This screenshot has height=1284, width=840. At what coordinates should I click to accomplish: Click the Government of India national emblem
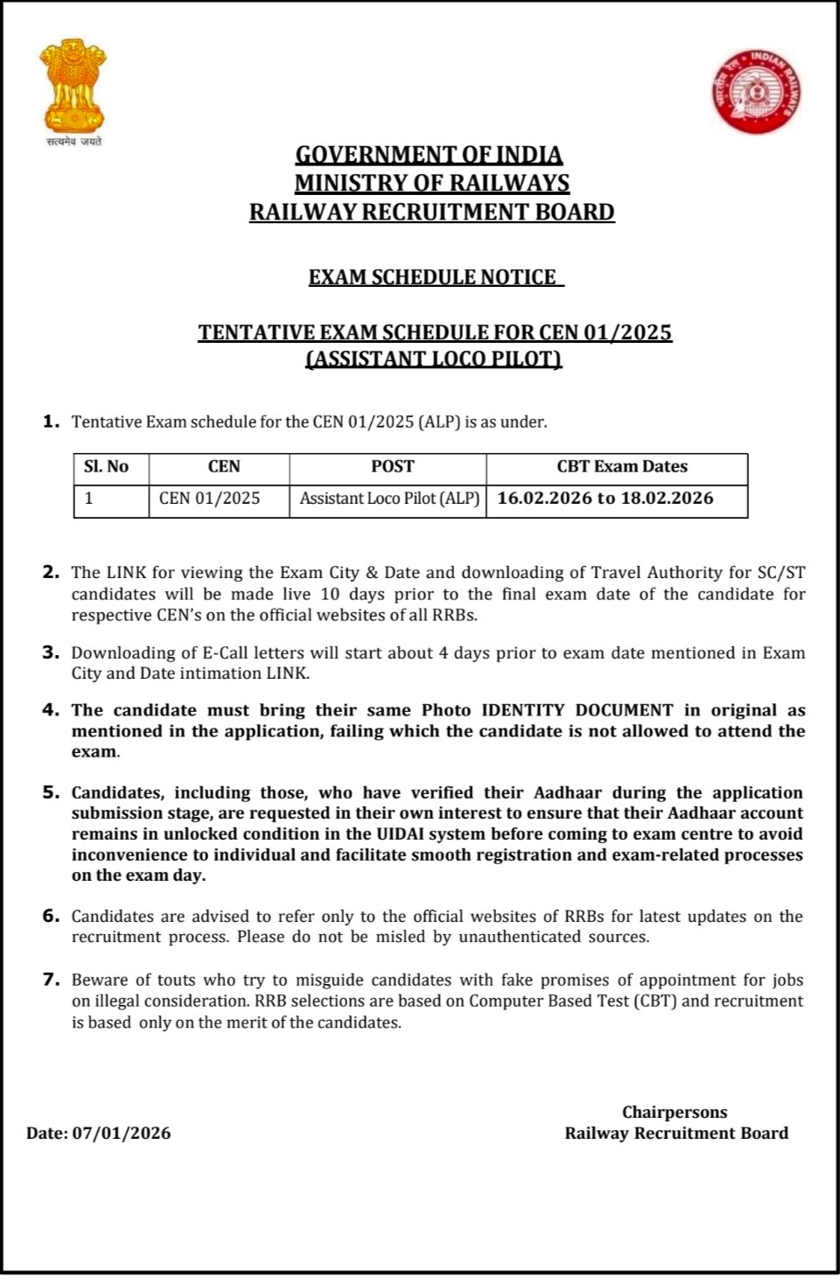(73, 86)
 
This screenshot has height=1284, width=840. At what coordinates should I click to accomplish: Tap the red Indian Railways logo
(758, 91)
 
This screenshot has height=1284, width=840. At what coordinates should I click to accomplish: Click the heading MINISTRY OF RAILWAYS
(431, 183)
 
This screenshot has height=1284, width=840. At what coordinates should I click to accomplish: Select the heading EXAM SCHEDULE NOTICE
(432, 277)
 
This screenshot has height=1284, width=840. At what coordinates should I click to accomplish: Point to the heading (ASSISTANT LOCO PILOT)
(433, 359)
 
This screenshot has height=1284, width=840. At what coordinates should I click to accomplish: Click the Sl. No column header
(106, 467)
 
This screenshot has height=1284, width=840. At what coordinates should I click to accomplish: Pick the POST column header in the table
(392, 467)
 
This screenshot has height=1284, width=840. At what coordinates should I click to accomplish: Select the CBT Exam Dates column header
(622, 467)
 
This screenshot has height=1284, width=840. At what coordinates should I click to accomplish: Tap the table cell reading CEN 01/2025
(210, 499)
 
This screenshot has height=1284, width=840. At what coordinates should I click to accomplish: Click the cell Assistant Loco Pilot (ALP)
(389, 499)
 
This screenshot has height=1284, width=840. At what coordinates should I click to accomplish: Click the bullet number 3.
(51, 652)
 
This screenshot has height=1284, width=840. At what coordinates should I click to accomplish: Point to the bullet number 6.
(51, 917)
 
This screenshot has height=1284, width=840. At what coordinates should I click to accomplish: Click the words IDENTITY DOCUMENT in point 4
(577, 710)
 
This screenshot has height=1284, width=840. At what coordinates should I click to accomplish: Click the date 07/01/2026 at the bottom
(122, 1134)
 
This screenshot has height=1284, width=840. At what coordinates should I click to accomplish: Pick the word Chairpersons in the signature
(675, 1113)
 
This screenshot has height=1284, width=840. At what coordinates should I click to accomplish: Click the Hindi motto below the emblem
(73, 142)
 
